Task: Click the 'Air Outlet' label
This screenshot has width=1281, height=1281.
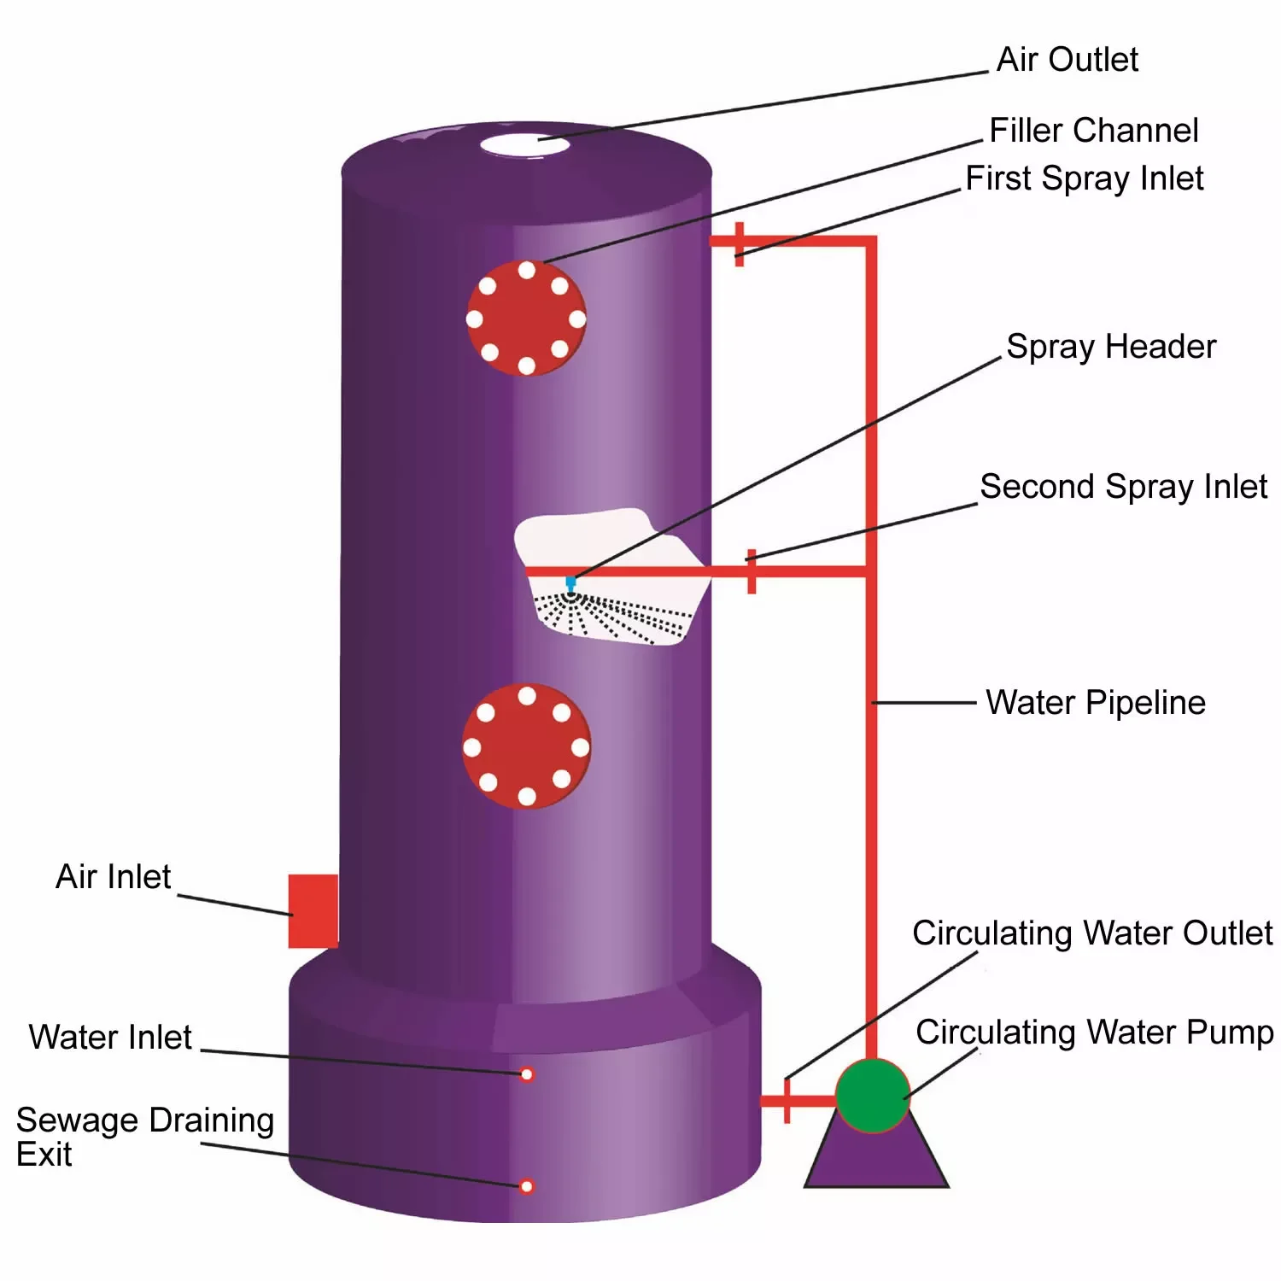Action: (1067, 60)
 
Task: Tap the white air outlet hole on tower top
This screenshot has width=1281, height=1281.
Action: (524, 144)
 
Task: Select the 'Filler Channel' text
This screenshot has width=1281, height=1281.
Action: (1093, 131)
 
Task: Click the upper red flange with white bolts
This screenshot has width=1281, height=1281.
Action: (526, 319)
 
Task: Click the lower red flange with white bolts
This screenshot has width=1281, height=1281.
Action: (526, 746)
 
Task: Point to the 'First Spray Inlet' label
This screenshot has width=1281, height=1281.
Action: (1084, 178)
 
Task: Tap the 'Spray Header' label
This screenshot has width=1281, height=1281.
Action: (1110, 347)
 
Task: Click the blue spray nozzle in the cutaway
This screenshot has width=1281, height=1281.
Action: (570, 582)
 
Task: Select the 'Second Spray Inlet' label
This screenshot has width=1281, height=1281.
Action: (1123, 487)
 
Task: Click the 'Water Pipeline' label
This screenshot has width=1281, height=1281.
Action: (1095, 703)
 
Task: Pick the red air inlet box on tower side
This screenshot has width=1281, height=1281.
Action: (313, 910)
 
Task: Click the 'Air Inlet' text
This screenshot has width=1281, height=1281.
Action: (113, 877)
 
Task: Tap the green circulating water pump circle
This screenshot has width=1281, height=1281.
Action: (872, 1096)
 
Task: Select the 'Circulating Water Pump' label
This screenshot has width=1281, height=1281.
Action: (1094, 1032)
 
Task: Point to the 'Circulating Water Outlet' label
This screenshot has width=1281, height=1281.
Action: (1091, 933)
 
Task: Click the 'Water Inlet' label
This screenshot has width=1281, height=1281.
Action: (110, 1038)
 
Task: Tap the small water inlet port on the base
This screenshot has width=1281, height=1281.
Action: (527, 1074)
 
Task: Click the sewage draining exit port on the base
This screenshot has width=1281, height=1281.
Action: (527, 1186)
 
